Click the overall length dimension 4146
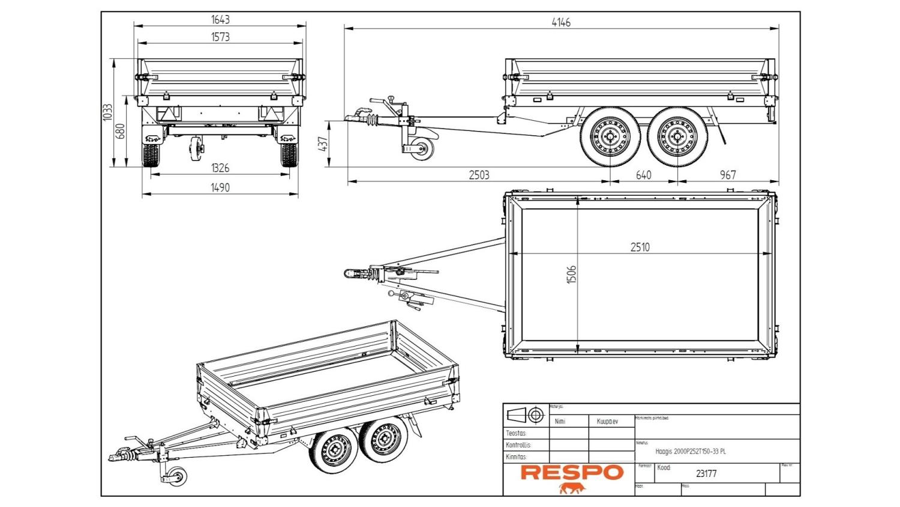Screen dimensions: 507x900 tap(561, 23)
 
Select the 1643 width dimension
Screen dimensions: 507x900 tap(220, 20)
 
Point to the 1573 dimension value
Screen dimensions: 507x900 tap(220, 37)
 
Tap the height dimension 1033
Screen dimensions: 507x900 tap(108, 112)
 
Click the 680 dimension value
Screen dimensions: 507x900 tap(120, 132)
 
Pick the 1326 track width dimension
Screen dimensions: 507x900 tap(220, 168)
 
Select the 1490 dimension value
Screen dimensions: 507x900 tap(220, 187)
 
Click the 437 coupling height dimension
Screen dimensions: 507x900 tap(324, 144)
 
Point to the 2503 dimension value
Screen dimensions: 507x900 tap(479, 175)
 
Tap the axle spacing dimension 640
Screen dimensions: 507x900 tap(643, 175)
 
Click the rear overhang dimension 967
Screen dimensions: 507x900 tap(727, 175)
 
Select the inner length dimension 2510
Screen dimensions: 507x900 tap(640, 247)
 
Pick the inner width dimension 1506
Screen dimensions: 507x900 tap(571, 275)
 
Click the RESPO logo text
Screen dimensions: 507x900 tap(572, 472)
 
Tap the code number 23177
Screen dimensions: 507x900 tap(706, 473)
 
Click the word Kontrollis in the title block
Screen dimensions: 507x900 tap(518, 445)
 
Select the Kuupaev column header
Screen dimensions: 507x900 tap(607, 421)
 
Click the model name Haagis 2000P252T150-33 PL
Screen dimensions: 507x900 tap(690, 451)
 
